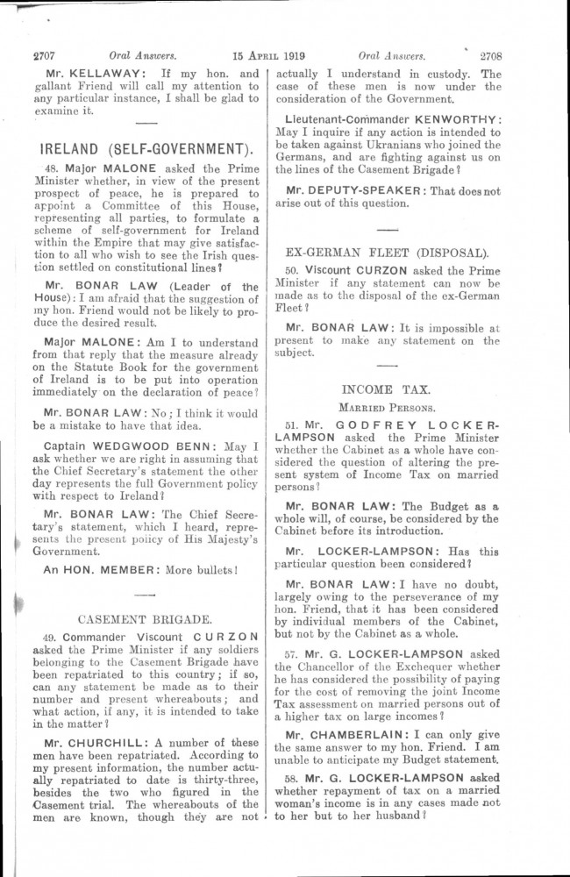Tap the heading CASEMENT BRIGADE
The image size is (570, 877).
[146, 617]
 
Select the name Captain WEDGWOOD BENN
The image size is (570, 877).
[113, 447]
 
